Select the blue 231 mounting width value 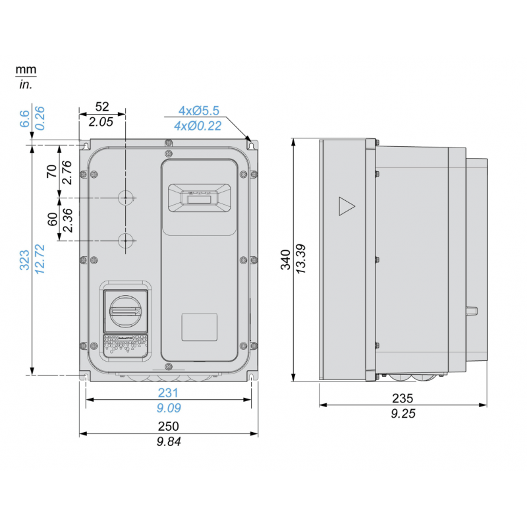coord(169,393)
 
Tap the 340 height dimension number coord(285,260)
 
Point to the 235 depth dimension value coord(402,399)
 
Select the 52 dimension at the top coord(102,107)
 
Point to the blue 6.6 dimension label coord(24,119)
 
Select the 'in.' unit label coord(26,84)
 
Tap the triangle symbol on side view coord(346,206)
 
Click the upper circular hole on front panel coord(125,197)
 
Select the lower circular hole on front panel coord(125,241)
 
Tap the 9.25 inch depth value coord(402,414)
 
